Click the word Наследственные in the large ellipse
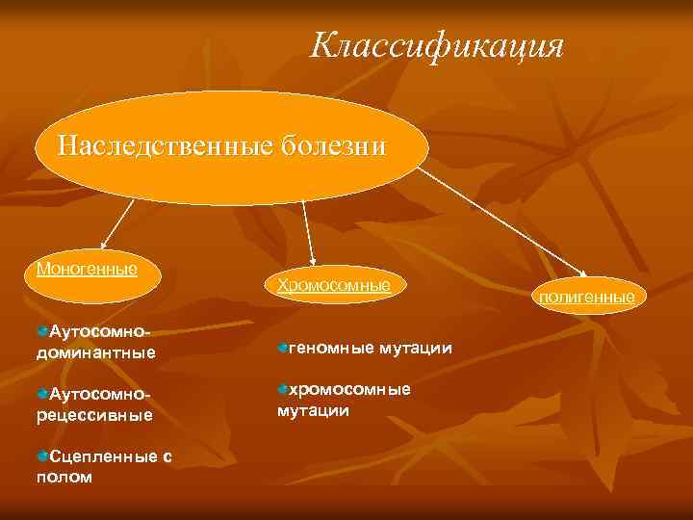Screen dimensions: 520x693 coord(165,146)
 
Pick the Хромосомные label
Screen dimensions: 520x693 coord(333,285)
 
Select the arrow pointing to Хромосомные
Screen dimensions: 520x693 coord(308,231)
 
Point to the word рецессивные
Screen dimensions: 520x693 coord(94,415)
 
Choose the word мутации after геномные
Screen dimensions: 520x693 coord(416,347)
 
